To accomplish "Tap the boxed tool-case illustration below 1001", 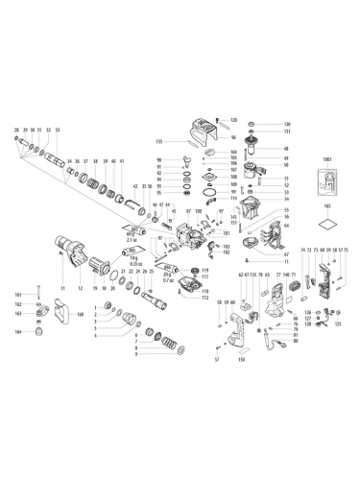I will click(326, 199).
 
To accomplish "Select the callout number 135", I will click(158, 141).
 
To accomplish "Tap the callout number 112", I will click(205, 296).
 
